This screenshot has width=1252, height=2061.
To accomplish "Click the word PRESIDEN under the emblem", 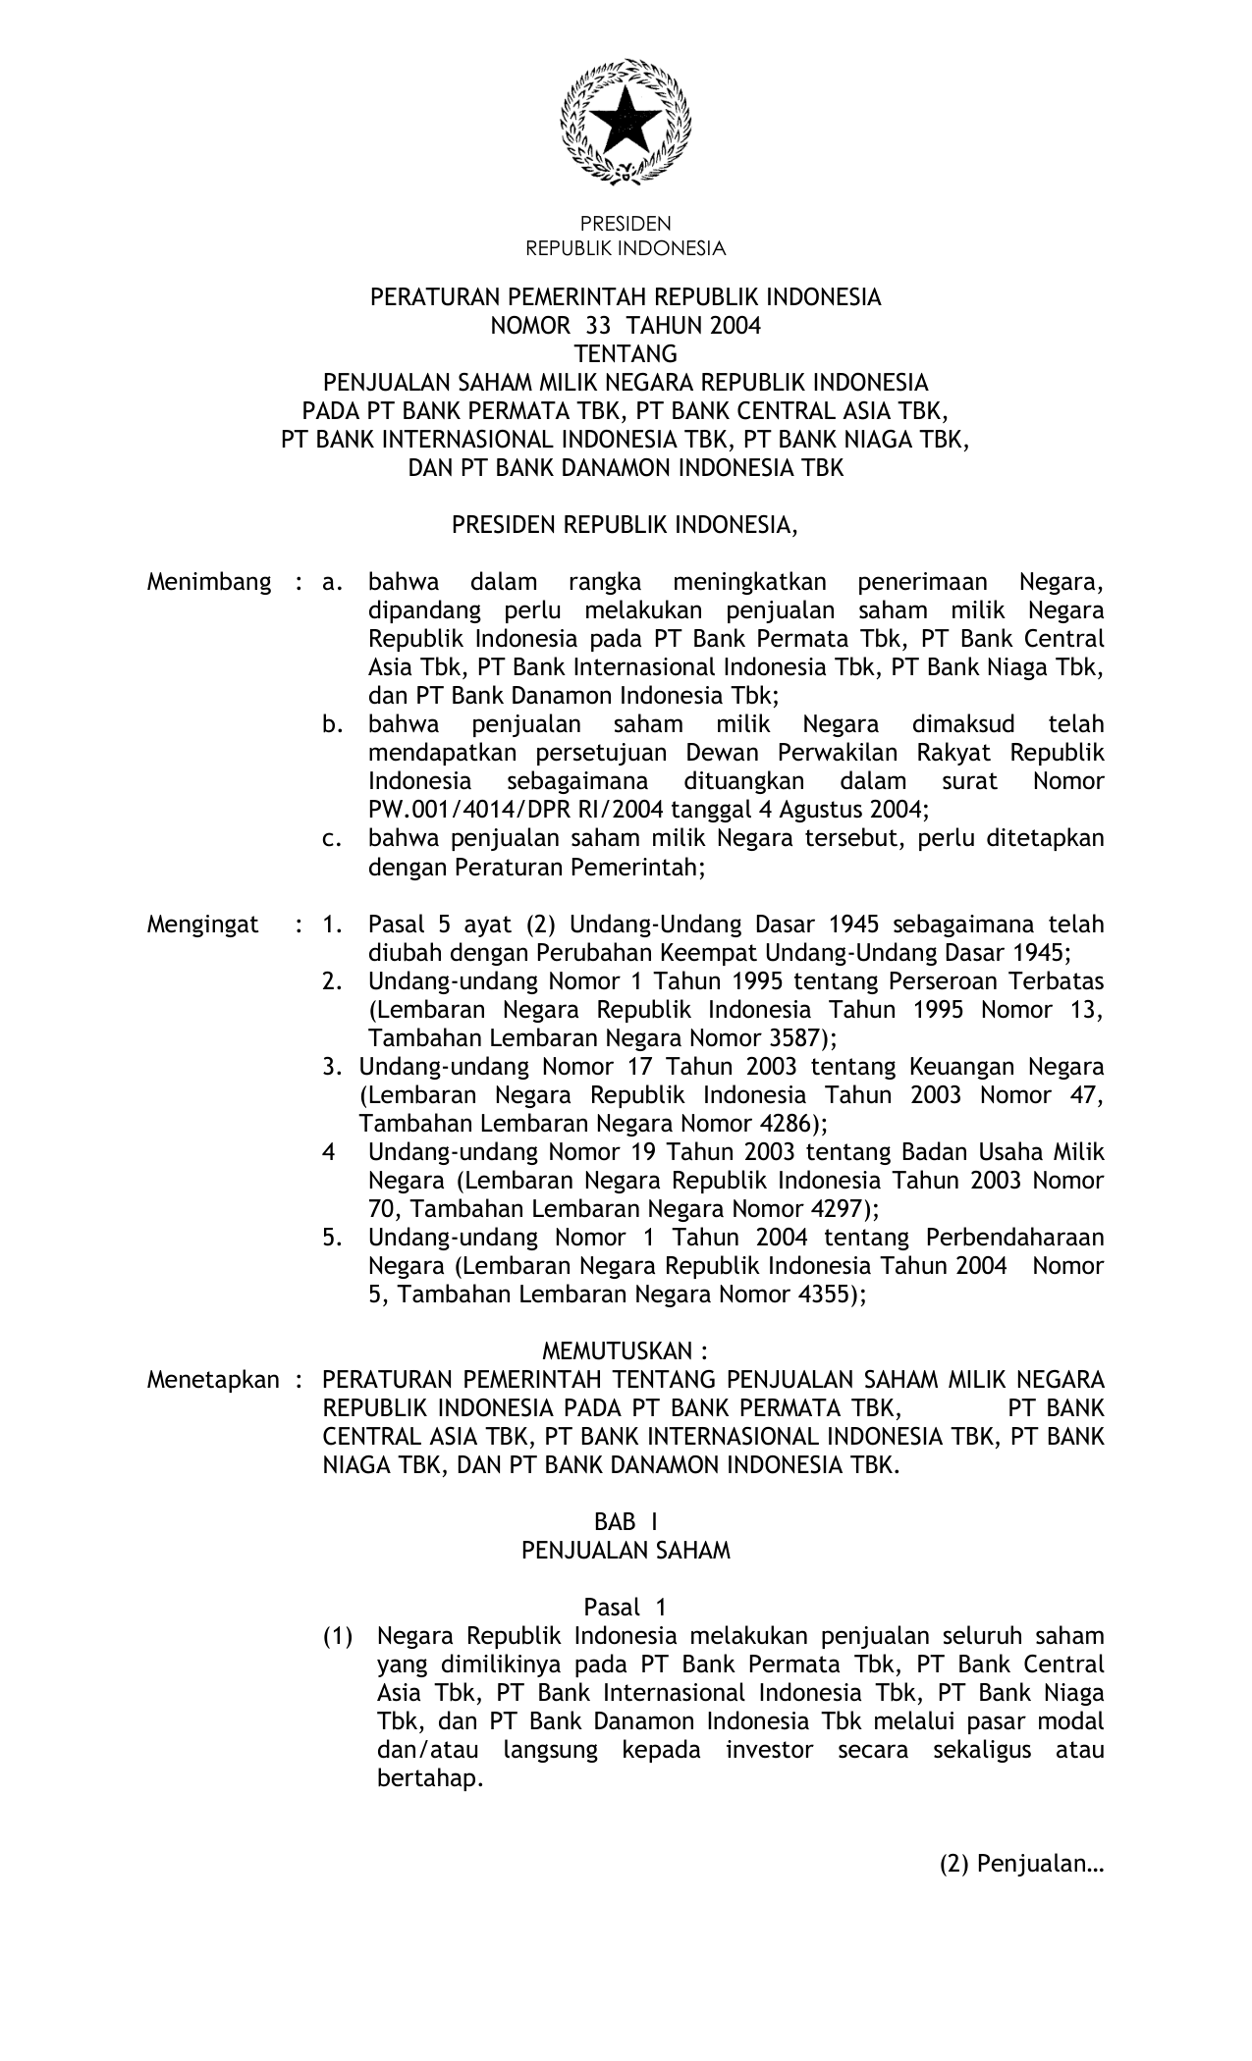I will tap(626, 224).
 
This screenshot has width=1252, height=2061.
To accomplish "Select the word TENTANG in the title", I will tap(626, 353).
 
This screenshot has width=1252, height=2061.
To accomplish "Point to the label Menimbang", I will tap(209, 582).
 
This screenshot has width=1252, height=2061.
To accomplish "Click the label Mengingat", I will tap(203, 925).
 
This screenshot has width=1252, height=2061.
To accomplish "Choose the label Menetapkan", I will tap(213, 1380).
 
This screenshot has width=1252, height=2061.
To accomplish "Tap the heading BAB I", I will tap(626, 1522).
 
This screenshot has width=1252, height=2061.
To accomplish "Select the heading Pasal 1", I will tap(626, 1608).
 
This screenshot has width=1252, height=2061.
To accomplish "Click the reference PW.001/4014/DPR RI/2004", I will tap(523, 810).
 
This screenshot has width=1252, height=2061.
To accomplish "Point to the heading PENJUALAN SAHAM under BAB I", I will tap(626, 1551).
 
